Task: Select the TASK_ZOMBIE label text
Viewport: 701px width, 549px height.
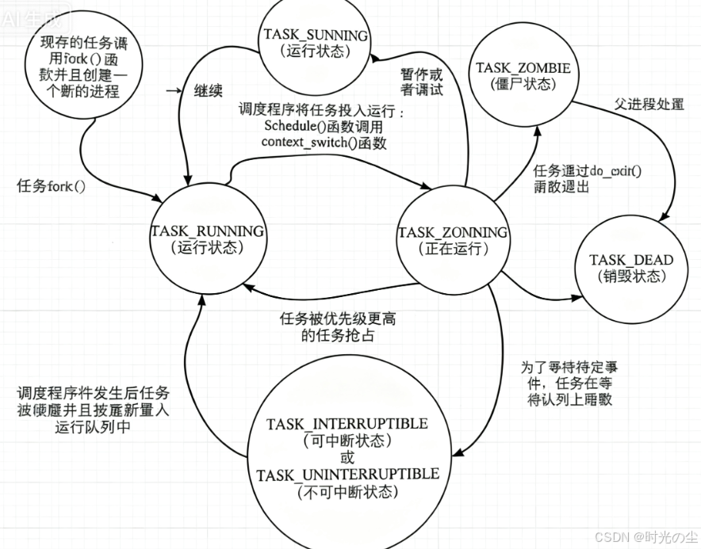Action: [x=523, y=68]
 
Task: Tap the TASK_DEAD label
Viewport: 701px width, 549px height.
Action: [x=631, y=261]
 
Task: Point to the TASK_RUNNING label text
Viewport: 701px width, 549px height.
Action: [x=207, y=231]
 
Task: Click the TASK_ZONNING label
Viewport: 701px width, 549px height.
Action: [x=453, y=232]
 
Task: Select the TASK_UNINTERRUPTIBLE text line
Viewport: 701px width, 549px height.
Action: [x=347, y=474]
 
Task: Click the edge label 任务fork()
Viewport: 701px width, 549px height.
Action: [x=51, y=187]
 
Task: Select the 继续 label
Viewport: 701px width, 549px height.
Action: [x=207, y=90]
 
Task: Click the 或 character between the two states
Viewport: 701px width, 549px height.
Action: [x=347, y=457]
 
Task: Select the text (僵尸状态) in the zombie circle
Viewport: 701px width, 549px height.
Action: [x=523, y=84]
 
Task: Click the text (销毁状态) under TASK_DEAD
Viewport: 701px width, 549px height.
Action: [x=631, y=277]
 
